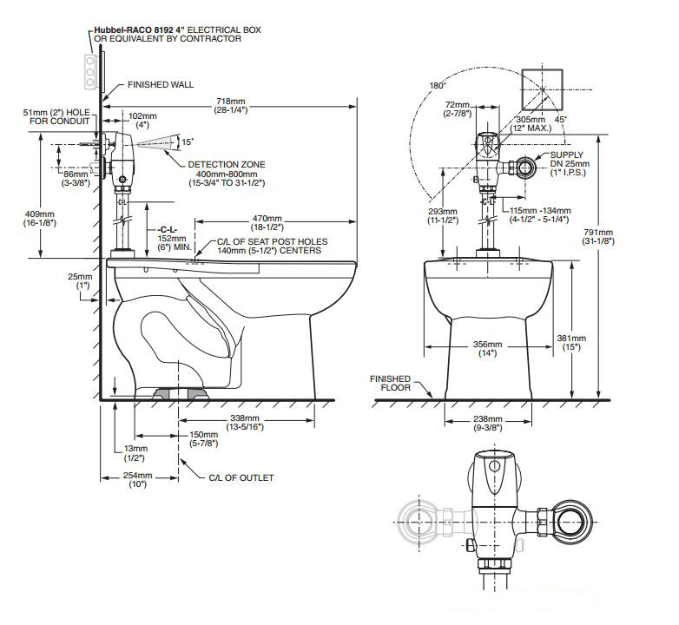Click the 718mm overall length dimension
click(231, 106)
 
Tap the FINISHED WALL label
click(161, 85)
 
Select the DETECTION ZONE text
click(227, 164)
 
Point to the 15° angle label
click(188, 141)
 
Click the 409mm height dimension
click(39, 219)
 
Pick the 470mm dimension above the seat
click(267, 223)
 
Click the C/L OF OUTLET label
click(241, 477)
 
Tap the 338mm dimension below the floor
click(245, 423)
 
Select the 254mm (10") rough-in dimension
click(138, 479)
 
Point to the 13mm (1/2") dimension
click(135, 453)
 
